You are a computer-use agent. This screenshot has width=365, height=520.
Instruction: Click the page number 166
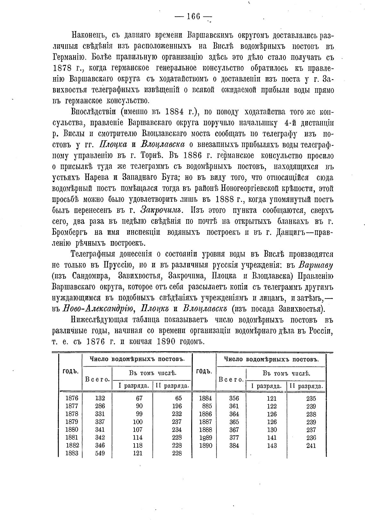(x=193, y=17)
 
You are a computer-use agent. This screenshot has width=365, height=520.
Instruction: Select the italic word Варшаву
(x=316, y=265)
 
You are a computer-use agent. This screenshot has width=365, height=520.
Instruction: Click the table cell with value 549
(x=100, y=453)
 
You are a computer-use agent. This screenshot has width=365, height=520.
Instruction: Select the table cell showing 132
(x=100, y=398)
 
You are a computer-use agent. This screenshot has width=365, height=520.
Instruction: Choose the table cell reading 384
(x=234, y=445)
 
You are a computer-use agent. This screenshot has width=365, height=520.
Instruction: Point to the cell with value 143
(x=272, y=445)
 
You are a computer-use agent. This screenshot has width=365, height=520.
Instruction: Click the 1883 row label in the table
(x=72, y=453)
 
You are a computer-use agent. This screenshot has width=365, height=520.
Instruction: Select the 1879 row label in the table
(x=72, y=422)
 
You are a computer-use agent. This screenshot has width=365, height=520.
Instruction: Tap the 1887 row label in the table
(x=205, y=422)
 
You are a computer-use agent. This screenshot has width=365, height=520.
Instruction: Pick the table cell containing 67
(x=139, y=398)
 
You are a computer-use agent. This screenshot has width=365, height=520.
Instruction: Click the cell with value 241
(x=311, y=445)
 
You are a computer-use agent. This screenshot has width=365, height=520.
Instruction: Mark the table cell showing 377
(x=234, y=438)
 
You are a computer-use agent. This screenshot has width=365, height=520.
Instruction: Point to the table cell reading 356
(x=234, y=398)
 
